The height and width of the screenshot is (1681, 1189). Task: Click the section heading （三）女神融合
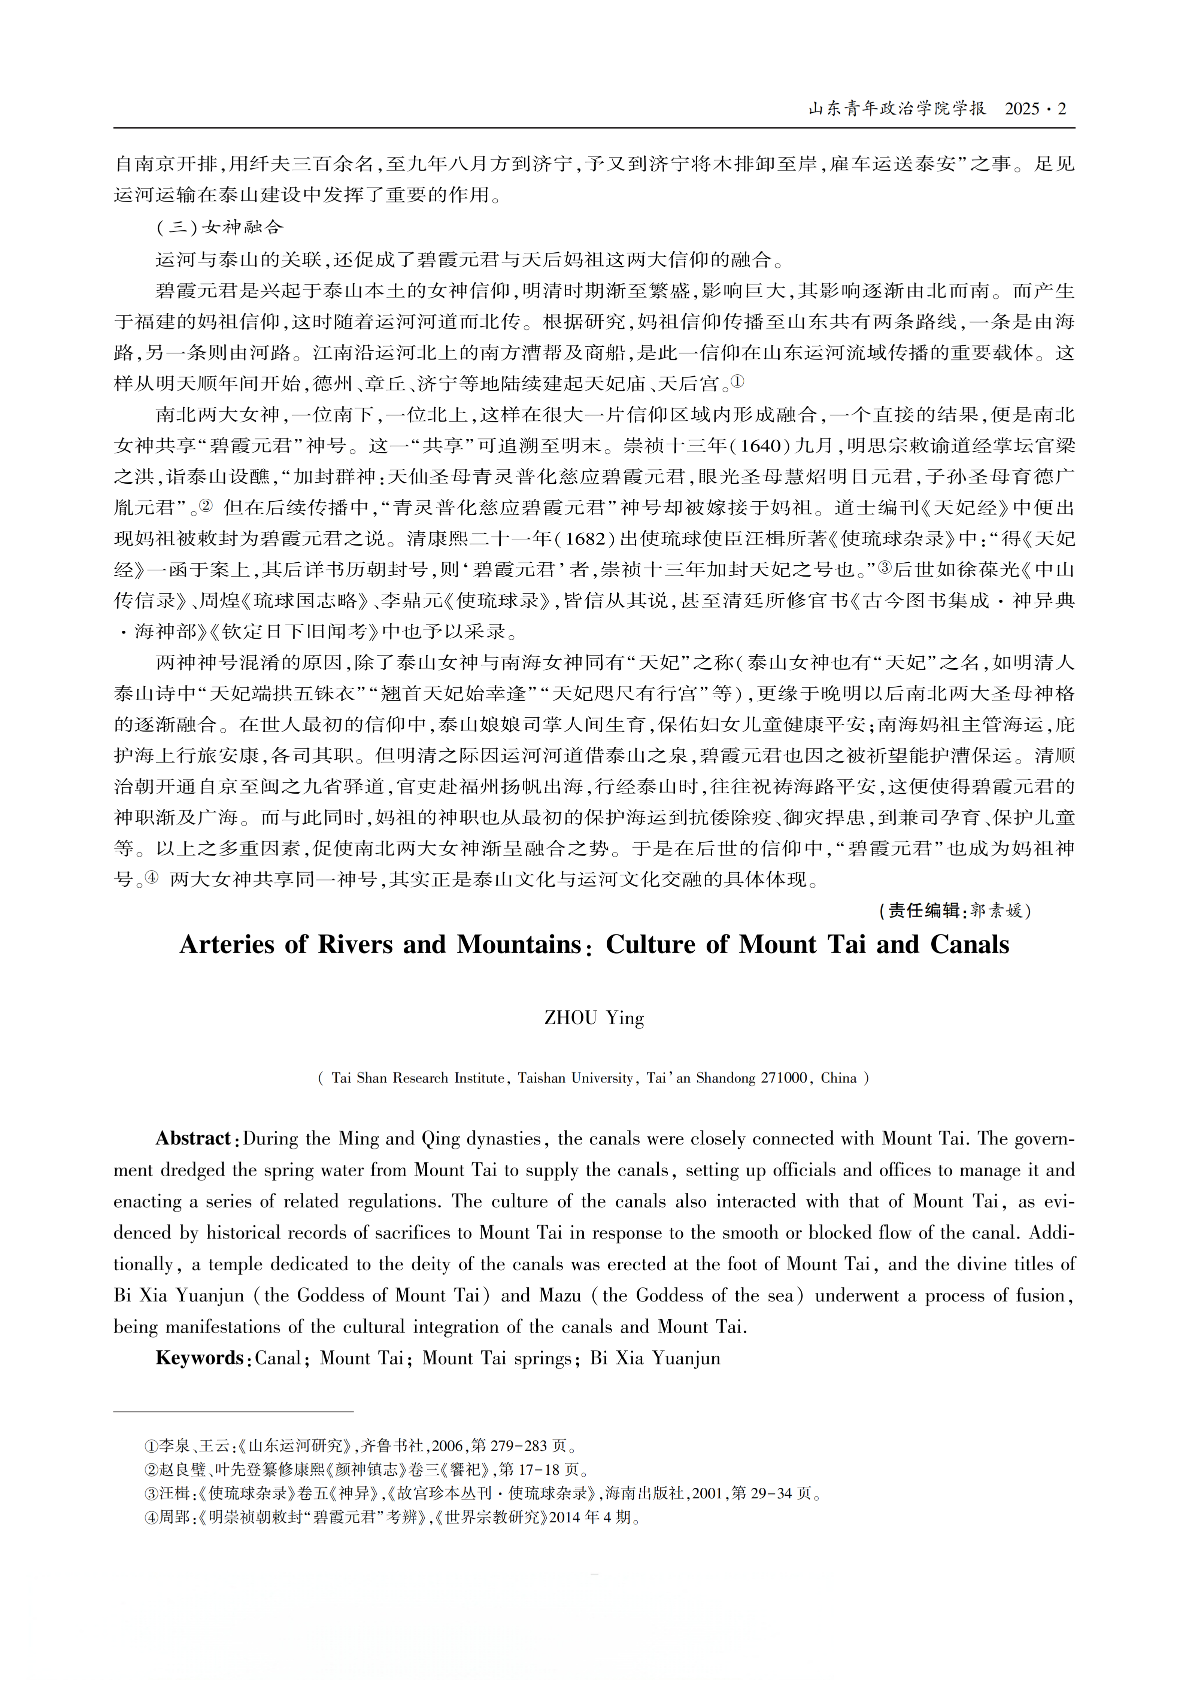220,227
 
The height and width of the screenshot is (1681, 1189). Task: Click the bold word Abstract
193,1139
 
